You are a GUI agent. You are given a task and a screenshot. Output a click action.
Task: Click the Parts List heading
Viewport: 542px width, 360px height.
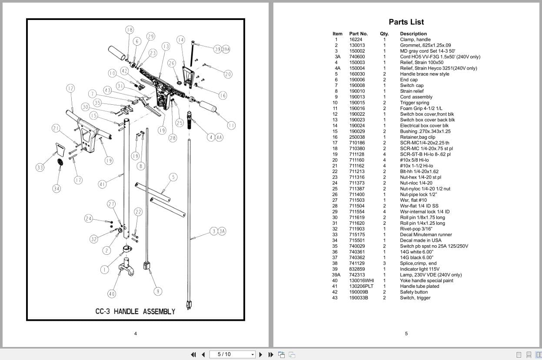(x=406, y=22)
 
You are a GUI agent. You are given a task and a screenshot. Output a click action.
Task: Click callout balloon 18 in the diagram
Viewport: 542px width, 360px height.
(x=130, y=30)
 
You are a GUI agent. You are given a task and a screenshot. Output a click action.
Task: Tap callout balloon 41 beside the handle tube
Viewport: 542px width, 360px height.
(x=102, y=184)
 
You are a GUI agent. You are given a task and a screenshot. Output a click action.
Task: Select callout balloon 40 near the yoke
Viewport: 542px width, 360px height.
(x=112, y=294)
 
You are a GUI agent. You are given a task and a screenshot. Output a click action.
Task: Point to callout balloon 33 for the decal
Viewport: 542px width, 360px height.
(x=40, y=167)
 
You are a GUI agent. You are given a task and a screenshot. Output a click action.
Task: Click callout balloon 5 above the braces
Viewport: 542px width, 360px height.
(x=173, y=177)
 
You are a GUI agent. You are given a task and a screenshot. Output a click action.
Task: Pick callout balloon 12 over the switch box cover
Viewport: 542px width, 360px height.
(x=70, y=88)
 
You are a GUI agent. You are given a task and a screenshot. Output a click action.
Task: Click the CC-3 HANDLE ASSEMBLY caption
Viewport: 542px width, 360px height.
(x=135, y=311)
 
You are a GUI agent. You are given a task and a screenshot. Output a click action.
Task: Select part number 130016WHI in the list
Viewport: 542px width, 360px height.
(x=362, y=280)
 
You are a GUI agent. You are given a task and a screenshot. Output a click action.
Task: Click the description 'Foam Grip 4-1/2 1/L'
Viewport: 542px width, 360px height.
(x=421, y=108)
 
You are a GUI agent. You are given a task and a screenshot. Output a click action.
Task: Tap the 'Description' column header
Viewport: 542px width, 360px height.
(x=413, y=33)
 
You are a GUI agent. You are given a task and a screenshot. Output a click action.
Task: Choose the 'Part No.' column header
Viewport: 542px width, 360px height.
(x=358, y=33)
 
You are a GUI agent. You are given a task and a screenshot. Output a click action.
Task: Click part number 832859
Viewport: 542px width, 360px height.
(x=357, y=269)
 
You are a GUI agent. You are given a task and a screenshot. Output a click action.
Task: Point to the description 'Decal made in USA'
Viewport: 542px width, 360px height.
(x=421, y=240)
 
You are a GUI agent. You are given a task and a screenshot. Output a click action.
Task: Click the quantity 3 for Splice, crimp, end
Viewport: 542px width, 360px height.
(x=384, y=263)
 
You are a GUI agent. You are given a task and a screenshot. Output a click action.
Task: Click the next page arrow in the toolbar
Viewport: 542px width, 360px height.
(x=261, y=355)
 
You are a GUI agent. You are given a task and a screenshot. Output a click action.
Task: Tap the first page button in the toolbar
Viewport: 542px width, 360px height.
(x=193, y=355)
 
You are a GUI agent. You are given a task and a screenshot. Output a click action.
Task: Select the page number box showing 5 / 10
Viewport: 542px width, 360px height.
(x=232, y=354)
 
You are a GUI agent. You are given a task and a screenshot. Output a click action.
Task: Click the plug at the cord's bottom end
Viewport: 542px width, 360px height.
(x=189, y=305)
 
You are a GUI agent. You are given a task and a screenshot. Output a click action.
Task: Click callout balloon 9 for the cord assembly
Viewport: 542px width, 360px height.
(x=158, y=291)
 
